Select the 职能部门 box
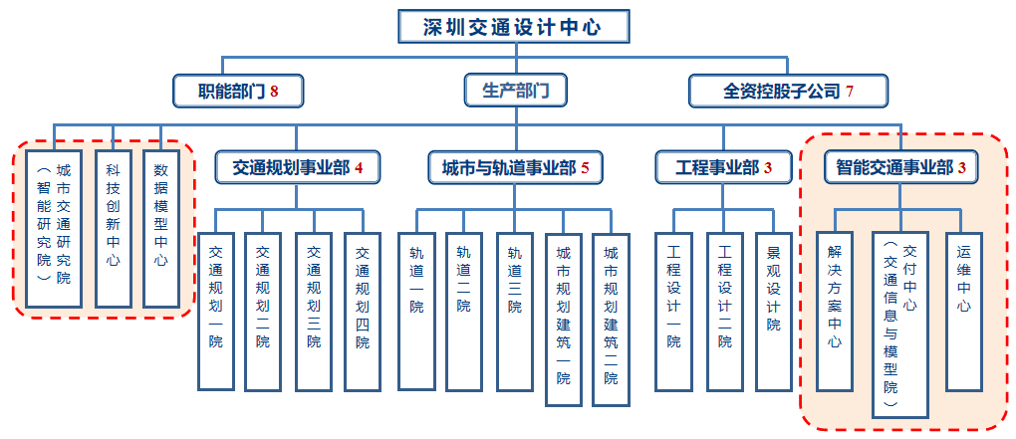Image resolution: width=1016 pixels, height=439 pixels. coord(237,92)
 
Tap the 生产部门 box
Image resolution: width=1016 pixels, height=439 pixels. coord(515,92)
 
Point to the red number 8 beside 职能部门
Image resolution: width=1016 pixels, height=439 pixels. coord(273,92)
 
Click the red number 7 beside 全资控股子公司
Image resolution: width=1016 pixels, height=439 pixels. coord(850,92)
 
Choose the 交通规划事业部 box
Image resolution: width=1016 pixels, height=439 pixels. coord(296,167)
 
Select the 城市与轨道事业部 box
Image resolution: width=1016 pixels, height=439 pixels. coord(515,167)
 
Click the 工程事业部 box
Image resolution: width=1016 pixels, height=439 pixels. coord(723,167)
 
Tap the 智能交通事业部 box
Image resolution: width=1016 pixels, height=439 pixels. coord(901,167)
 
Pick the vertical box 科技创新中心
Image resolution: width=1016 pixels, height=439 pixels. coord(113,229)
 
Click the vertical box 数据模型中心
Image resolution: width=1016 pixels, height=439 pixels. coord(161,229)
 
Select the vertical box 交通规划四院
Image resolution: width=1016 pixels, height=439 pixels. coord(363,310)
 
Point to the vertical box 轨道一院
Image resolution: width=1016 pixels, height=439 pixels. coord(415,310)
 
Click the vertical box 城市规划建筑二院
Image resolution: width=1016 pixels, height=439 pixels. coord(611,318)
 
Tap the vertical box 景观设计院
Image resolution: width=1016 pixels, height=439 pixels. coord(774,310)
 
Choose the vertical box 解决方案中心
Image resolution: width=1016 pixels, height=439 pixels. coord(835,310)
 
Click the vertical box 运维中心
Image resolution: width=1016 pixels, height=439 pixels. coord(963,310)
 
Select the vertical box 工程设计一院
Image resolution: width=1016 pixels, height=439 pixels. coord(673,310)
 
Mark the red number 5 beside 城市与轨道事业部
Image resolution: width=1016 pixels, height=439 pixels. coord(586,167)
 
